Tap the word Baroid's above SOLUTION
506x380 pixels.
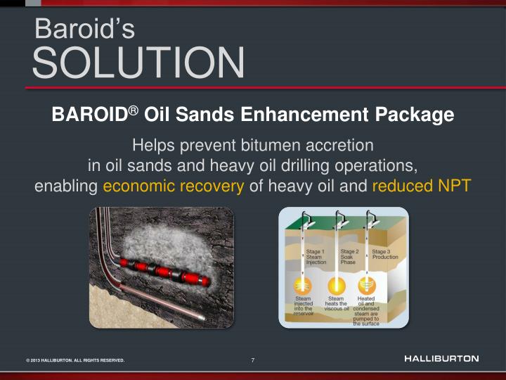(x=84, y=29)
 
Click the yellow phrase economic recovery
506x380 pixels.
(x=174, y=186)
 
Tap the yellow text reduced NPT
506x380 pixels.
(x=421, y=186)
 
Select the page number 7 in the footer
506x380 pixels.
(x=253, y=360)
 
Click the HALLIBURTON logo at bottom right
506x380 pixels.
(x=441, y=359)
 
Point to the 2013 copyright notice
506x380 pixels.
(x=75, y=360)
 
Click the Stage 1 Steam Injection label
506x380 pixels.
(x=316, y=257)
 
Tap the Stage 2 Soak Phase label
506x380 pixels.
(x=349, y=256)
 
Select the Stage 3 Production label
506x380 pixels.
(x=384, y=254)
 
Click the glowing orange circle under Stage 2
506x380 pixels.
(x=336, y=286)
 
